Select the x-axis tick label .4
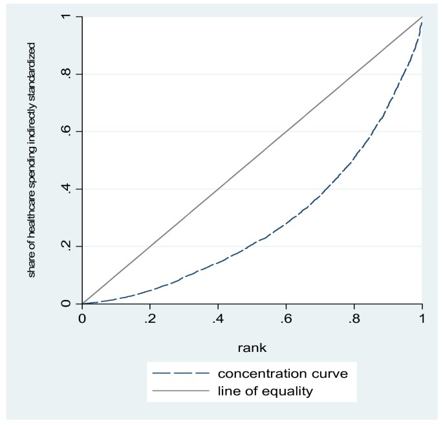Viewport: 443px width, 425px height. (217, 318)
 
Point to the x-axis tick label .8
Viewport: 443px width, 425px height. (354, 318)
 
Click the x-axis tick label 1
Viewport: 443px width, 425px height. (422, 318)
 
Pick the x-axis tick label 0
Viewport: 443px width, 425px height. (82, 318)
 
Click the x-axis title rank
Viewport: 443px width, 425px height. (252, 347)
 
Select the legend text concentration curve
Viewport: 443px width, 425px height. (274, 373)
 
